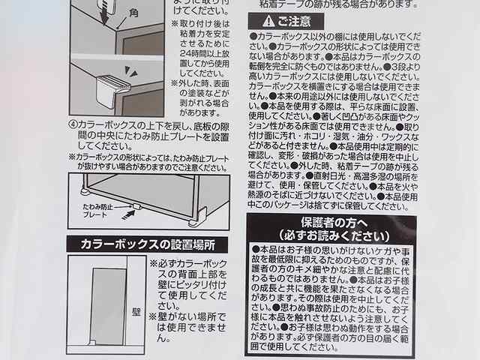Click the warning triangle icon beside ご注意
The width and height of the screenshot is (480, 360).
[256, 21]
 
